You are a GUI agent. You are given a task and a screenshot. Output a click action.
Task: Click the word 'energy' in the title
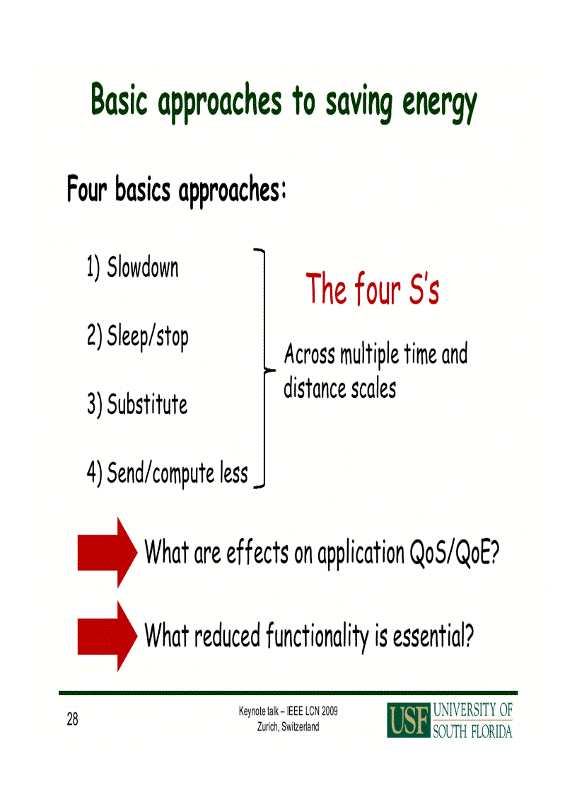tap(440, 104)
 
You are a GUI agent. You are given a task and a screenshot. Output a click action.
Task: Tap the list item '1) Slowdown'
tap(132, 268)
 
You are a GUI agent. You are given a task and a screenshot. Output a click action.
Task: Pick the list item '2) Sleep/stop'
tap(137, 336)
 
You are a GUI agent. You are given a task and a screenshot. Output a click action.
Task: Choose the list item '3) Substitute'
tap(137, 405)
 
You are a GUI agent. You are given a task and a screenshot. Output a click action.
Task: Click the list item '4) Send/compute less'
tap(167, 474)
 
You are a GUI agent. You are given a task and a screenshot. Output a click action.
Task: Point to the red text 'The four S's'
tap(373, 290)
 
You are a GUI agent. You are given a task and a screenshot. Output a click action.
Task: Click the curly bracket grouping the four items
tap(263, 369)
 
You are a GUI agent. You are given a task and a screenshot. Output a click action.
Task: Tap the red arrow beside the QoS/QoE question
tap(106, 552)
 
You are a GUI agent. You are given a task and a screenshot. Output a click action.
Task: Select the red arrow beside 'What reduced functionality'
tap(106, 636)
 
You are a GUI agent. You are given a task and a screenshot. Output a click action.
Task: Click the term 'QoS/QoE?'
tap(455, 553)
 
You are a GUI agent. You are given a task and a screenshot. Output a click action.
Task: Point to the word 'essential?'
tap(433, 636)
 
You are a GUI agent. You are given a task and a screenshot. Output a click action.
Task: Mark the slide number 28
tap(73, 720)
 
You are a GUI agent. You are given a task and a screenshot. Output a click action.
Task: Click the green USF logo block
tap(408, 720)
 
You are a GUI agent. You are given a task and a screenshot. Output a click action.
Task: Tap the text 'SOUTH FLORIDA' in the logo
tap(472, 731)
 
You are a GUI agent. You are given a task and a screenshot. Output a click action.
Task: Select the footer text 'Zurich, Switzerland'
tap(288, 727)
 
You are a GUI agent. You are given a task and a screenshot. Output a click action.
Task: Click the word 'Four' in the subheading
tap(88, 190)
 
